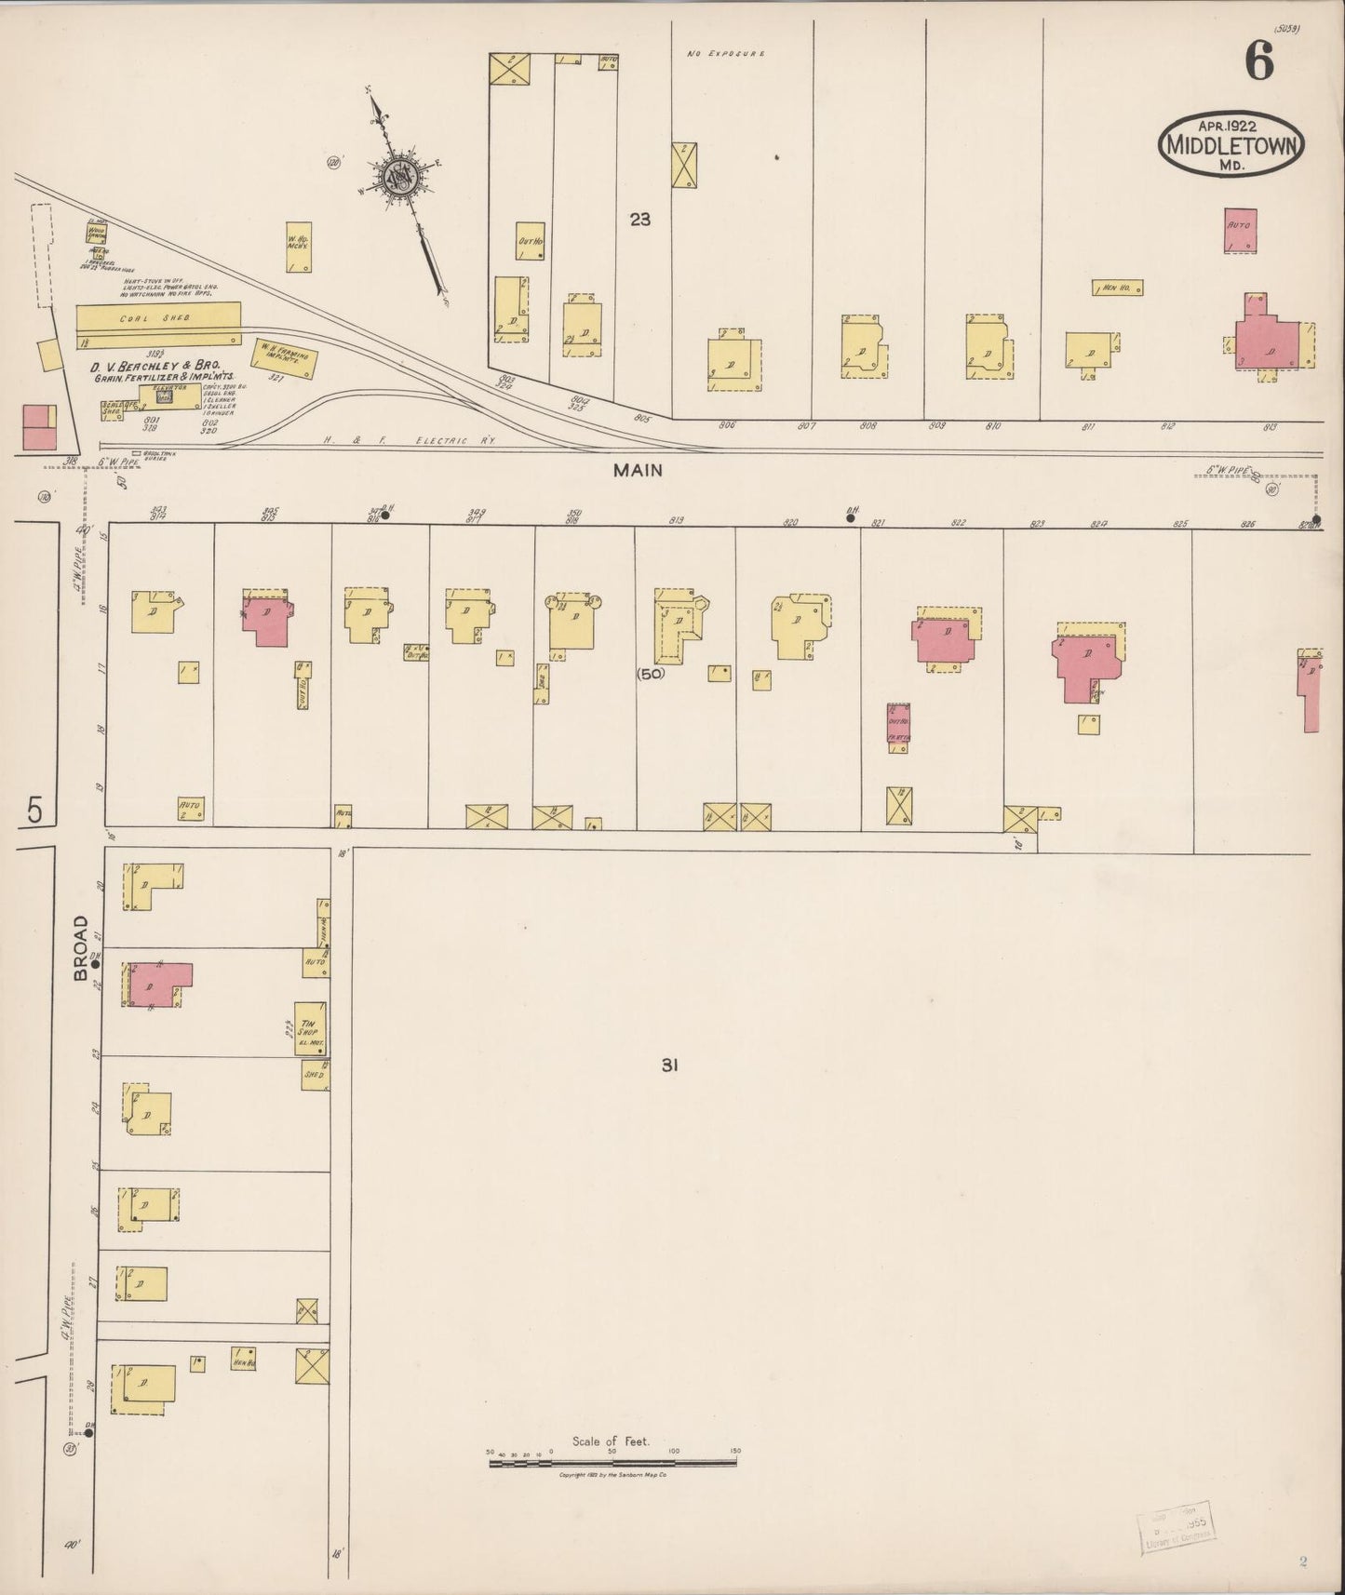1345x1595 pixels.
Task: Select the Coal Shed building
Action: [x=158, y=317]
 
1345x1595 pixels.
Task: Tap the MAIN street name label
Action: [x=638, y=471]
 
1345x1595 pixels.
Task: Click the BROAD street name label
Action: [x=81, y=947]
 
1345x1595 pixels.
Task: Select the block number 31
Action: [x=668, y=1066]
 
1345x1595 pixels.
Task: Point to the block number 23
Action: [x=639, y=221]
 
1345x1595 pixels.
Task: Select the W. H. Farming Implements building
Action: [x=284, y=357]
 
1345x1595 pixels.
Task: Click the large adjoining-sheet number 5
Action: [x=34, y=810]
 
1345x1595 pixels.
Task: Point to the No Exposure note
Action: [x=725, y=55]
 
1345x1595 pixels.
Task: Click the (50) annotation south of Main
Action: [x=651, y=674]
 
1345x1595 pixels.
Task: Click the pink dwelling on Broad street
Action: [x=158, y=985]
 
